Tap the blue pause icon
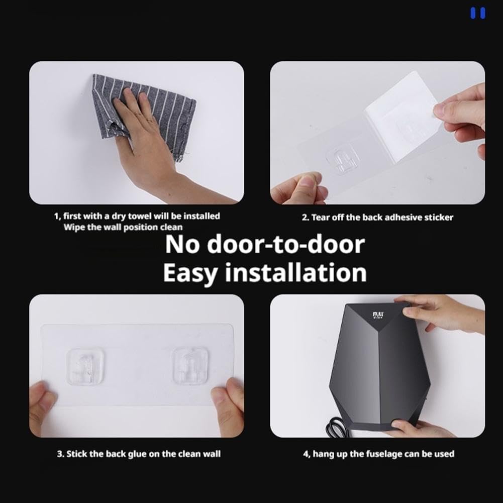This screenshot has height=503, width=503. (478, 13)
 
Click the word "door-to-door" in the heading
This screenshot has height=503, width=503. (286, 244)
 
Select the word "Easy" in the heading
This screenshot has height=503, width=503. (189, 273)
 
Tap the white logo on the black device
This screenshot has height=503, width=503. (378, 316)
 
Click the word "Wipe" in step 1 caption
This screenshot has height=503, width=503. (72, 227)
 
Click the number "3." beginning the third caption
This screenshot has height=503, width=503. (61, 454)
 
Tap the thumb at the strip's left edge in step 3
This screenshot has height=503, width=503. (42, 401)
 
